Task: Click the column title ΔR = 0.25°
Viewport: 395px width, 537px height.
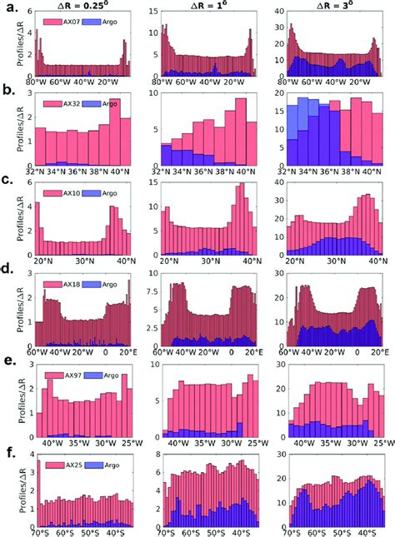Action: (83, 7)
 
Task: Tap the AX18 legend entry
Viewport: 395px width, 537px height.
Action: (57, 286)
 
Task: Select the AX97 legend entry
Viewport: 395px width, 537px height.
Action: (57, 377)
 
